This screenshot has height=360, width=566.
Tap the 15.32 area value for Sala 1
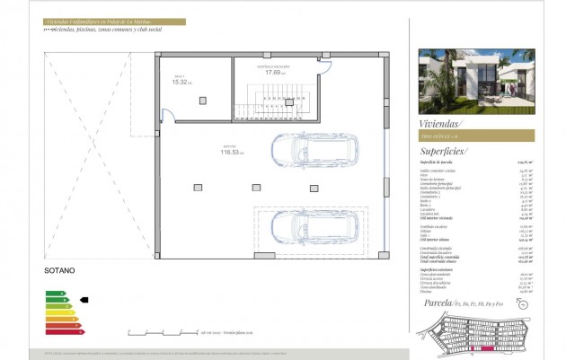(179, 82)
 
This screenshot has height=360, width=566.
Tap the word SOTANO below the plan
(59, 269)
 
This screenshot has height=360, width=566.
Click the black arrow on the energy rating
(84, 300)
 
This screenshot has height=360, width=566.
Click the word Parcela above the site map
(438, 303)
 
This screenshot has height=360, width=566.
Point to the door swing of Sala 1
(165, 115)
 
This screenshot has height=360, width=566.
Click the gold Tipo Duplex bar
(476, 136)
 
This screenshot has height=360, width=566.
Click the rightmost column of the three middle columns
(314, 189)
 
